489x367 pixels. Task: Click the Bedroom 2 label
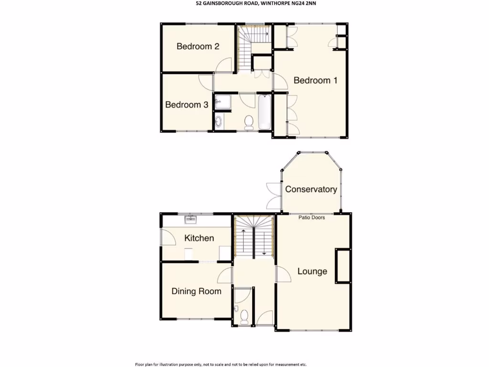[x=198, y=46]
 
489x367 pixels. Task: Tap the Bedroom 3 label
[x=186, y=105]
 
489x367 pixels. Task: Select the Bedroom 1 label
[x=315, y=80]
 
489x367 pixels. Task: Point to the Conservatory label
[x=311, y=189]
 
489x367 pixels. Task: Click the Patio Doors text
[x=312, y=217]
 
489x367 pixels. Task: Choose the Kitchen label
[x=199, y=238]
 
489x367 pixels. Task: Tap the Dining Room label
[x=196, y=291]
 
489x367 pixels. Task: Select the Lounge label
[x=312, y=271]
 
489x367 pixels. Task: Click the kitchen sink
[x=191, y=219]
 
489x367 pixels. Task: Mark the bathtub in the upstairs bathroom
[x=265, y=112]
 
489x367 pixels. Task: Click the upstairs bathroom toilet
[x=248, y=123]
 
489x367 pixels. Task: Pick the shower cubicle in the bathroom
[x=222, y=102]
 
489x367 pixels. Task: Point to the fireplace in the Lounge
[x=342, y=266]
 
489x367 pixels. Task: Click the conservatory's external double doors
[x=274, y=196]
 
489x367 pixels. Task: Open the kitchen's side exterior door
[x=167, y=237]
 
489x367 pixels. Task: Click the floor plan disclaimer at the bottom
[x=221, y=364]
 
